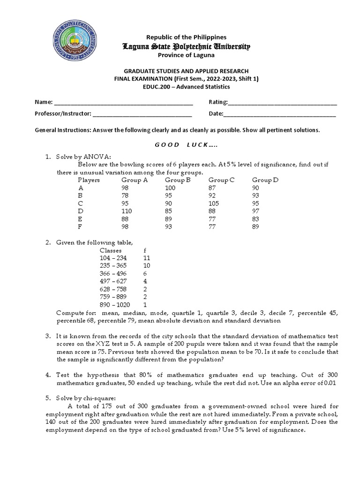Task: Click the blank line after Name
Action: coord(124,103)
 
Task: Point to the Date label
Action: coord(216,113)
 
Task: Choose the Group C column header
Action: coord(222,180)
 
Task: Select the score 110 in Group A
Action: coord(127,211)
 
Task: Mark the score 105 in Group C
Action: coord(215,203)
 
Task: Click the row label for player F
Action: coord(80,227)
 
